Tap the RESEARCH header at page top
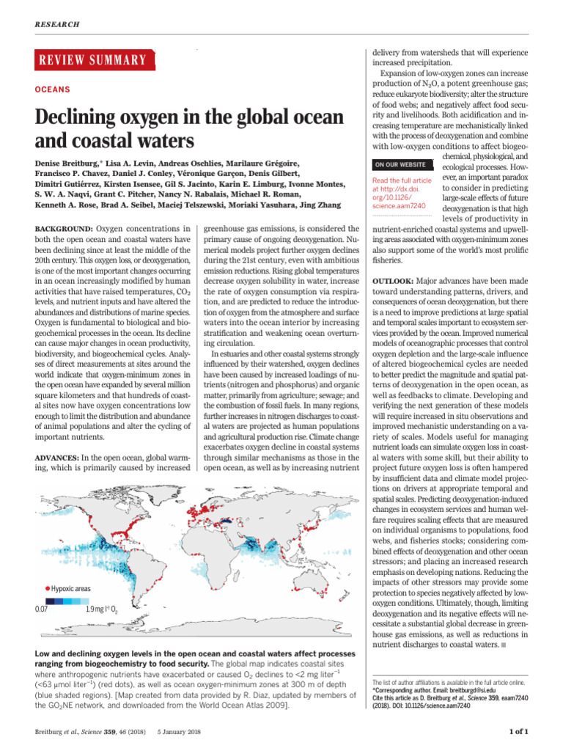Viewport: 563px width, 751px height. pos(56,24)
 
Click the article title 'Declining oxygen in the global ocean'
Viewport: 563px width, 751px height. pos(179,117)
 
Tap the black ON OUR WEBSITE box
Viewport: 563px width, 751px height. pos(402,164)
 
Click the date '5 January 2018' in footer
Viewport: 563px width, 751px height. pos(177,730)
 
